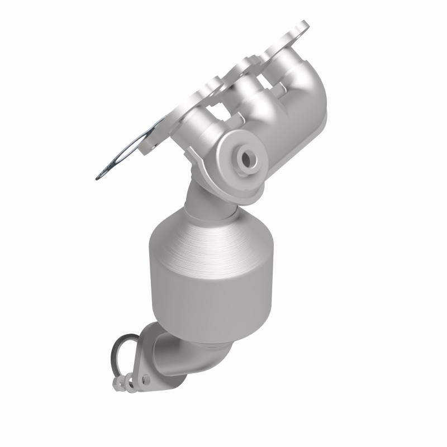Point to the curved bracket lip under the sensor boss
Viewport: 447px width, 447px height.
(196, 170)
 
